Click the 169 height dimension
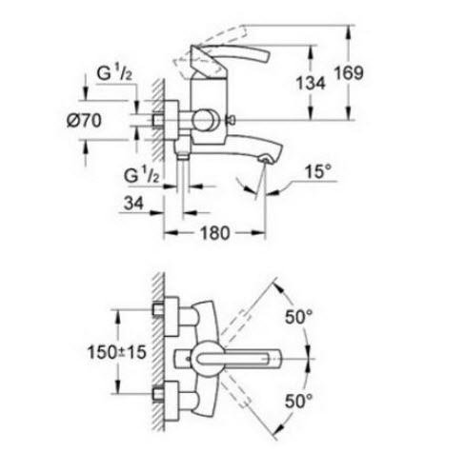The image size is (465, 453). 349,73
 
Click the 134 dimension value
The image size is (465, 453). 311,84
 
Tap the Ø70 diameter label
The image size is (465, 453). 84,121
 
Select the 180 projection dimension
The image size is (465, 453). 214,233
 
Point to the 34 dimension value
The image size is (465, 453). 133,203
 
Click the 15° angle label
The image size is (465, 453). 317,171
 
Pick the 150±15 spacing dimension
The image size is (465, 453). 117,352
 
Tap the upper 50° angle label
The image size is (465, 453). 298,317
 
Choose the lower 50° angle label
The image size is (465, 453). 298,401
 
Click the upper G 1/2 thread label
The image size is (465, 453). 114,73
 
